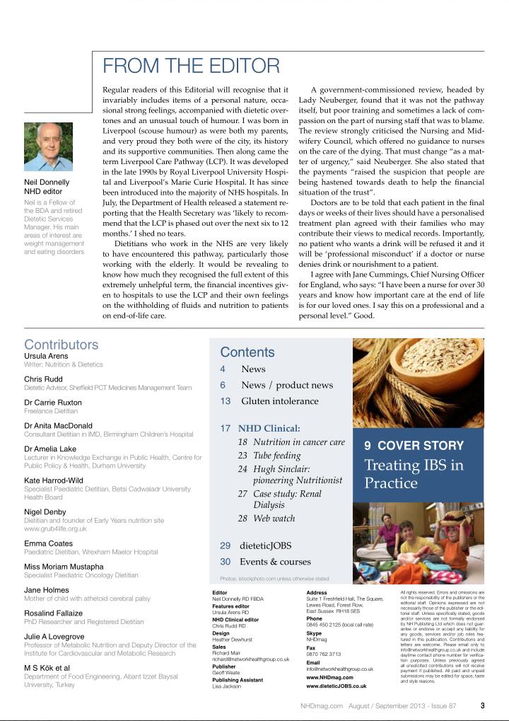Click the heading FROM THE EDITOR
[191, 67]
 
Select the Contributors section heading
[62, 345]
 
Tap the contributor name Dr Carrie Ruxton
[53, 403]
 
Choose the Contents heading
[247, 352]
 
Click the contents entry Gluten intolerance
[280, 401]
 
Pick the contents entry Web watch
[275, 518]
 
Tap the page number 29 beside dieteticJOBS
[226, 546]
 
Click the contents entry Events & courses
[276, 562]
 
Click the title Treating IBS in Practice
[414, 474]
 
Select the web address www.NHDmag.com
[330, 677]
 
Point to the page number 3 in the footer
[482, 705]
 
